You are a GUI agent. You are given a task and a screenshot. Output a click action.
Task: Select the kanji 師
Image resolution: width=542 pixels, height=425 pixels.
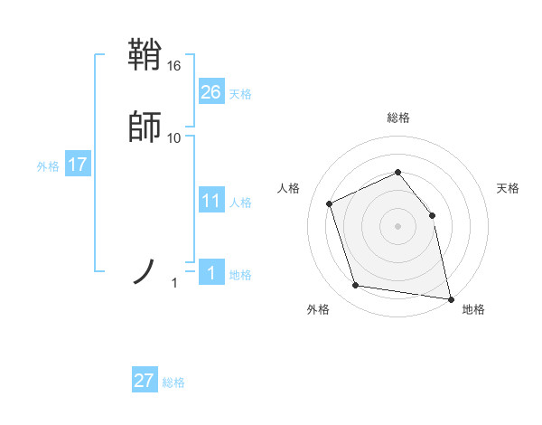(x=145, y=127)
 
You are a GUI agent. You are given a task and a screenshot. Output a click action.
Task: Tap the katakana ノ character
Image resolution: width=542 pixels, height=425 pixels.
(x=145, y=270)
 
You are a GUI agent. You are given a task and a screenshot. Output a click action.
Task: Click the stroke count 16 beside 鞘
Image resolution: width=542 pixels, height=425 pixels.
(x=174, y=66)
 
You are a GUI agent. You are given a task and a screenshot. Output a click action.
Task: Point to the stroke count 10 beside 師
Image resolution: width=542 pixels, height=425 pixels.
(x=174, y=137)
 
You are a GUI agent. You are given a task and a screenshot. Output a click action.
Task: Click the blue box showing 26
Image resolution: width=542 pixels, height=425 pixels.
(x=211, y=92)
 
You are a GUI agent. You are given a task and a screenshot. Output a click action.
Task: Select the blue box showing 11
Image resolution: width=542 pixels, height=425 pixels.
(x=211, y=201)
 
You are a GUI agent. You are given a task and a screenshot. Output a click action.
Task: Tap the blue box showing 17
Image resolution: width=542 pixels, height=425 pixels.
(x=78, y=165)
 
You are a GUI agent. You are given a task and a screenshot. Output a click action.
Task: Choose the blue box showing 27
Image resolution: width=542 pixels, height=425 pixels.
(x=145, y=381)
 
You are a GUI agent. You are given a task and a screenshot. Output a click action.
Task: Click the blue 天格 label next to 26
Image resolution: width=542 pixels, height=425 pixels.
(x=240, y=94)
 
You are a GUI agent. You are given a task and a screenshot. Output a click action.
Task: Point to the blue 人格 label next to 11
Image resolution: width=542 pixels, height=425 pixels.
(x=240, y=203)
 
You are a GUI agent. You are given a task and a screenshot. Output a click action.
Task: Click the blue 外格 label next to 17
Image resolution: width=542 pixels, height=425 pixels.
(x=48, y=166)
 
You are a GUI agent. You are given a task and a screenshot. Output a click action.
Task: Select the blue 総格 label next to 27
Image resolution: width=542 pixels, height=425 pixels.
(x=173, y=382)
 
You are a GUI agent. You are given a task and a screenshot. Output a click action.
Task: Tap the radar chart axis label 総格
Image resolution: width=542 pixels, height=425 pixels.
(x=397, y=118)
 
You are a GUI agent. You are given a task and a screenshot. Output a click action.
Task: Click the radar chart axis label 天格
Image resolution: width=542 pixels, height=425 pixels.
(x=508, y=188)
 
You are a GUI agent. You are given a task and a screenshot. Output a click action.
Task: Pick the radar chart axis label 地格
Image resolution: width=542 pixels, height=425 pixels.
(x=473, y=310)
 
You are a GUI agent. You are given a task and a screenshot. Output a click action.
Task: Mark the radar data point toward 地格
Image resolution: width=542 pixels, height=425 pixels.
(x=450, y=297)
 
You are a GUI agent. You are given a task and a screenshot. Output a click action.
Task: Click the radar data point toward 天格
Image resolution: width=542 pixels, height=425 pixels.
(x=432, y=215)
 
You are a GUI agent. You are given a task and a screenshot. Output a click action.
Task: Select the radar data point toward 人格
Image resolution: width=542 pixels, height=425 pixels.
(x=329, y=203)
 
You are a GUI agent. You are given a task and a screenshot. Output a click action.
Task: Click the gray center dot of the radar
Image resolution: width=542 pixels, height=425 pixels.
(x=397, y=226)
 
